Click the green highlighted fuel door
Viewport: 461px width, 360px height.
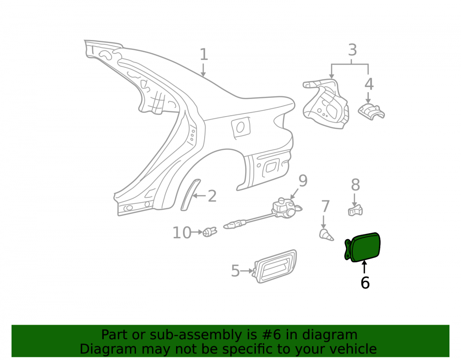point(363,247)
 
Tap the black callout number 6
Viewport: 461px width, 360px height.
point(365,283)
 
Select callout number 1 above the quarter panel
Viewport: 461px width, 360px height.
point(203,54)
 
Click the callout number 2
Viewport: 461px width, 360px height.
point(212,196)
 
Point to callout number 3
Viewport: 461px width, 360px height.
point(352,50)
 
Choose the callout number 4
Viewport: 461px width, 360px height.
point(369,84)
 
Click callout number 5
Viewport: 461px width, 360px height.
point(235,271)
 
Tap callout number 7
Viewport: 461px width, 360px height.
point(325,207)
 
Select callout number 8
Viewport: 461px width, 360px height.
point(355,185)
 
